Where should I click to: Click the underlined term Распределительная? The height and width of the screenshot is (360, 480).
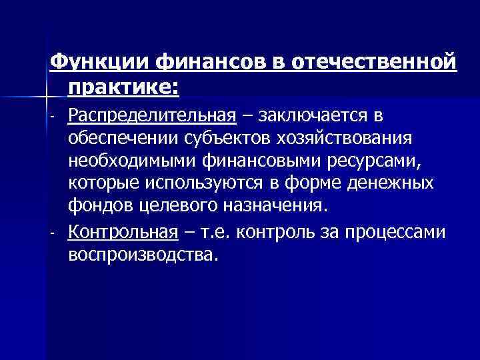click(x=152, y=116)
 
